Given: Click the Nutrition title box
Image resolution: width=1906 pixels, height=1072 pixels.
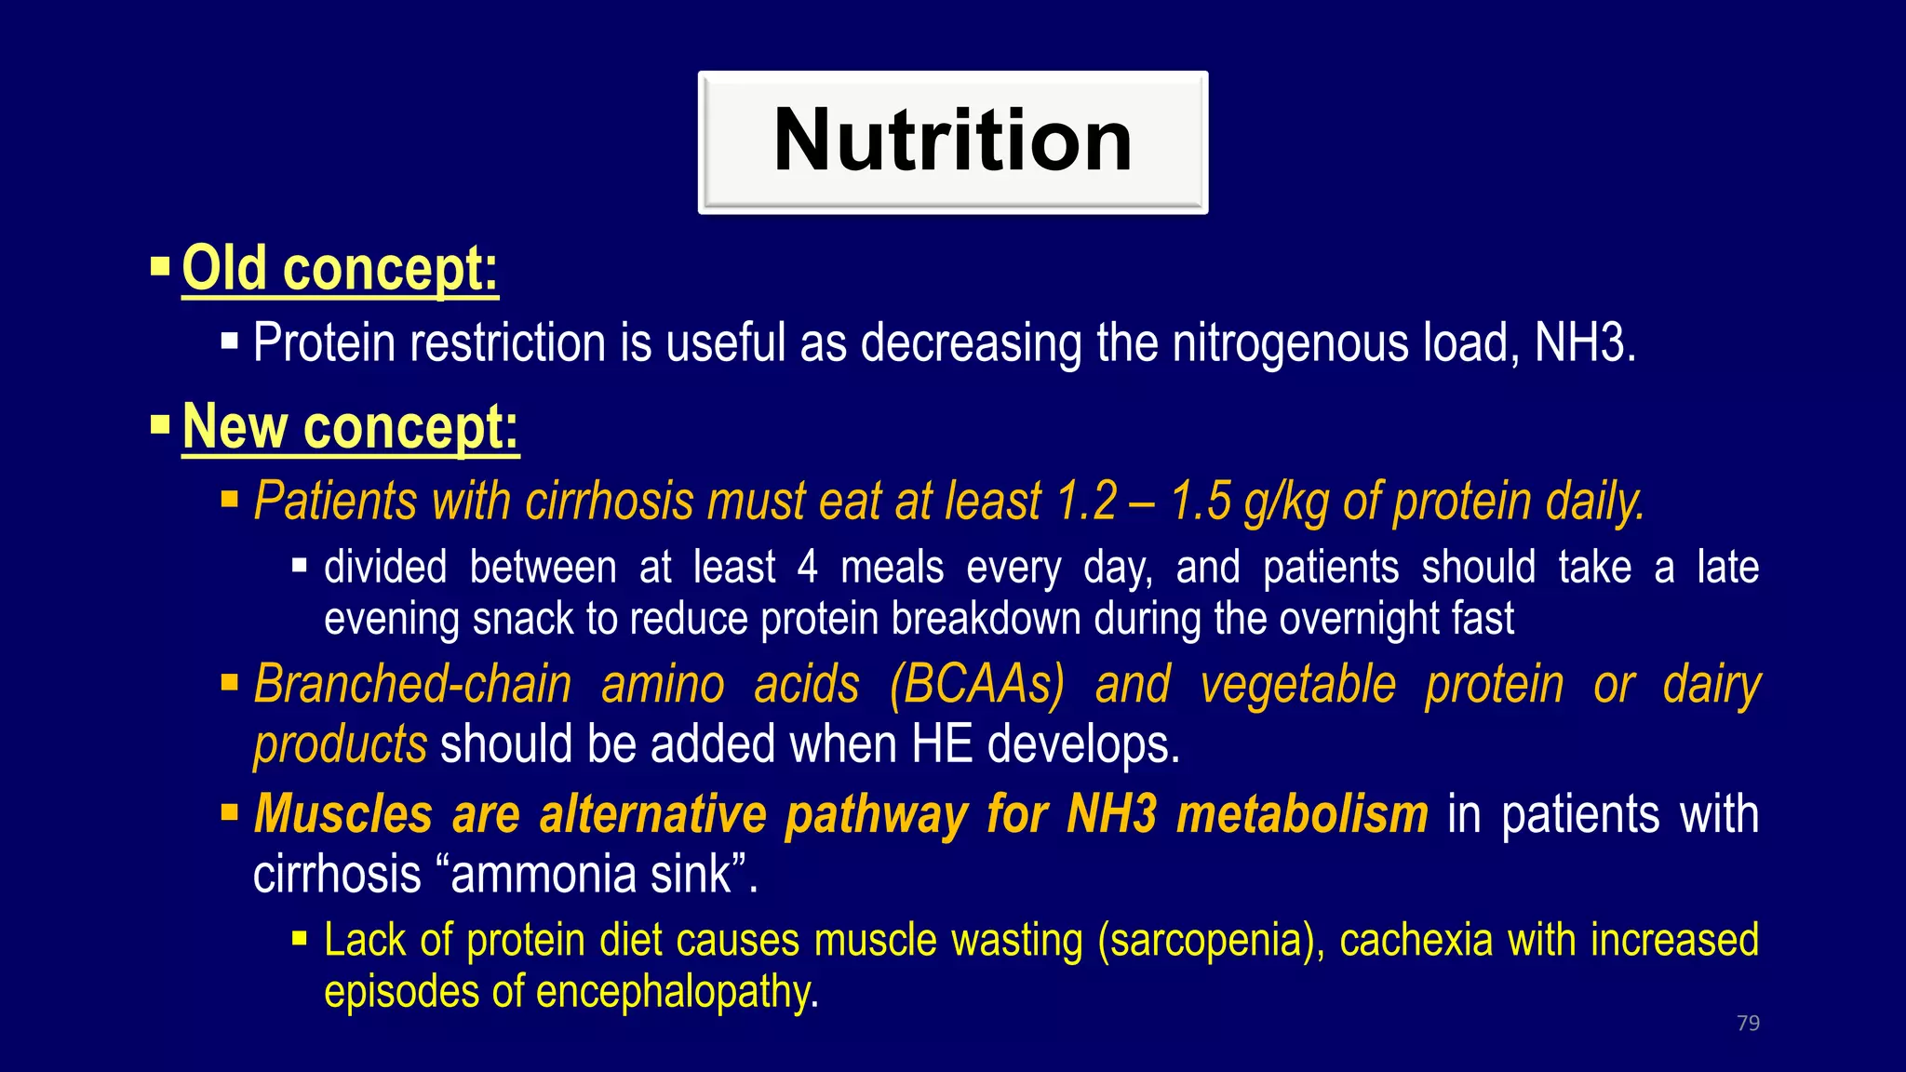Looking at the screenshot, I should click(x=952, y=141).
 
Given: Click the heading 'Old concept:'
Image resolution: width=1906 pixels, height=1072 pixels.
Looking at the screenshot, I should click(x=340, y=270).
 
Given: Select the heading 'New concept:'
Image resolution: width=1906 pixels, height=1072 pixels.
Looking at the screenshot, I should click(x=350, y=428).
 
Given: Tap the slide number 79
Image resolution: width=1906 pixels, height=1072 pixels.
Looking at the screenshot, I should click(x=1748, y=1023).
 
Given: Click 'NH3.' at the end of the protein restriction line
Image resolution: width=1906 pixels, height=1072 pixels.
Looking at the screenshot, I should click(x=1584, y=343).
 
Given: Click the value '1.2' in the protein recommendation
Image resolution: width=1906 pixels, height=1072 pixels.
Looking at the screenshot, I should click(x=1086, y=502).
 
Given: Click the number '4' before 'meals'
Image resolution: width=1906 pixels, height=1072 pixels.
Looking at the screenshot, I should click(x=807, y=568).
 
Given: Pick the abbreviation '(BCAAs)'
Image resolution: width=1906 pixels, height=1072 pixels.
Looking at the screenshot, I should click(x=976, y=686).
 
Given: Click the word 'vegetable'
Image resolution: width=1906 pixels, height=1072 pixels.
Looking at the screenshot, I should click(x=1297, y=686).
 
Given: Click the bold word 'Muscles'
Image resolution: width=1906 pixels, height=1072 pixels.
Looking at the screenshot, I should click(x=342, y=814).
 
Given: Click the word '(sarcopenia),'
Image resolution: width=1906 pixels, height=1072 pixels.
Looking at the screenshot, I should click(x=1211, y=940).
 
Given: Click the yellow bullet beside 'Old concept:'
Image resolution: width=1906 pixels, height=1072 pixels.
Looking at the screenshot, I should click(x=160, y=268).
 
